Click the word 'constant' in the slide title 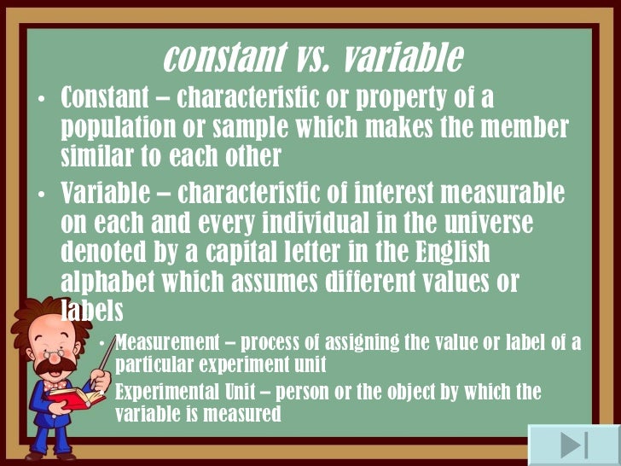(x=223, y=58)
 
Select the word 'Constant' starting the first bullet (x=109, y=97)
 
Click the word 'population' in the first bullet (x=123, y=128)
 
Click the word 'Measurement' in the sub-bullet (x=173, y=343)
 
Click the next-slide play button (x=573, y=445)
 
